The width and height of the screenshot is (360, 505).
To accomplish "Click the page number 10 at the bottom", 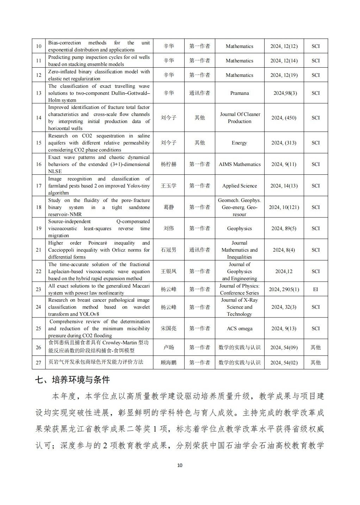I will click(180, 465).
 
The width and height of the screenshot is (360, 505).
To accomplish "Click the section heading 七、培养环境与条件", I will click(73, 380).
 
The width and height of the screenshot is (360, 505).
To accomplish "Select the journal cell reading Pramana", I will click(240, 93).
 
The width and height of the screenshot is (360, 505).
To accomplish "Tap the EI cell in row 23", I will click(315, 289).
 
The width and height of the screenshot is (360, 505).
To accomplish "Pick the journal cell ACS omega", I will click(240, 328).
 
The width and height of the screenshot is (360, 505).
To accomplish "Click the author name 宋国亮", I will click(168, 328).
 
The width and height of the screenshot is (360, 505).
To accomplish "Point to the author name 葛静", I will click(168, 207).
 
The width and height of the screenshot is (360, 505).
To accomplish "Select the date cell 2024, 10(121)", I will click(284, 207).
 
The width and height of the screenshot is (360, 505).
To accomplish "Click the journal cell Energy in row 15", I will click(240, 143).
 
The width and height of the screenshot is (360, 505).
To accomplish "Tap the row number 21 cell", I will click(39, 250).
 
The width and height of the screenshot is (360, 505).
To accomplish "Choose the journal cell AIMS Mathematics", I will click(240, 164).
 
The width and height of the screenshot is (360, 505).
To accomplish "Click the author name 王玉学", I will click(168, 186).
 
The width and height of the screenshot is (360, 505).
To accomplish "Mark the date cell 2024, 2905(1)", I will click(284, 289).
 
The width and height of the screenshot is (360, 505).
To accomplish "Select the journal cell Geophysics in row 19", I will click(240, 228).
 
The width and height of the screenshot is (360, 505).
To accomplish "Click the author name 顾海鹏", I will click(168, 362).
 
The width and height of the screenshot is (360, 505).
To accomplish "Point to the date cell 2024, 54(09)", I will click(284, 347).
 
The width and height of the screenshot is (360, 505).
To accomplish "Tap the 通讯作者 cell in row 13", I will click(200, 93).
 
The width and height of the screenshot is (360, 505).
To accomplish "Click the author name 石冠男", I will click(168, 250).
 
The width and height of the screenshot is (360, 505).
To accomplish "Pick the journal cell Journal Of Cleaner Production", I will click(240, 118).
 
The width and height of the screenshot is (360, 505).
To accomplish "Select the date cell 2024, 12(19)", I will click(284, 75).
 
